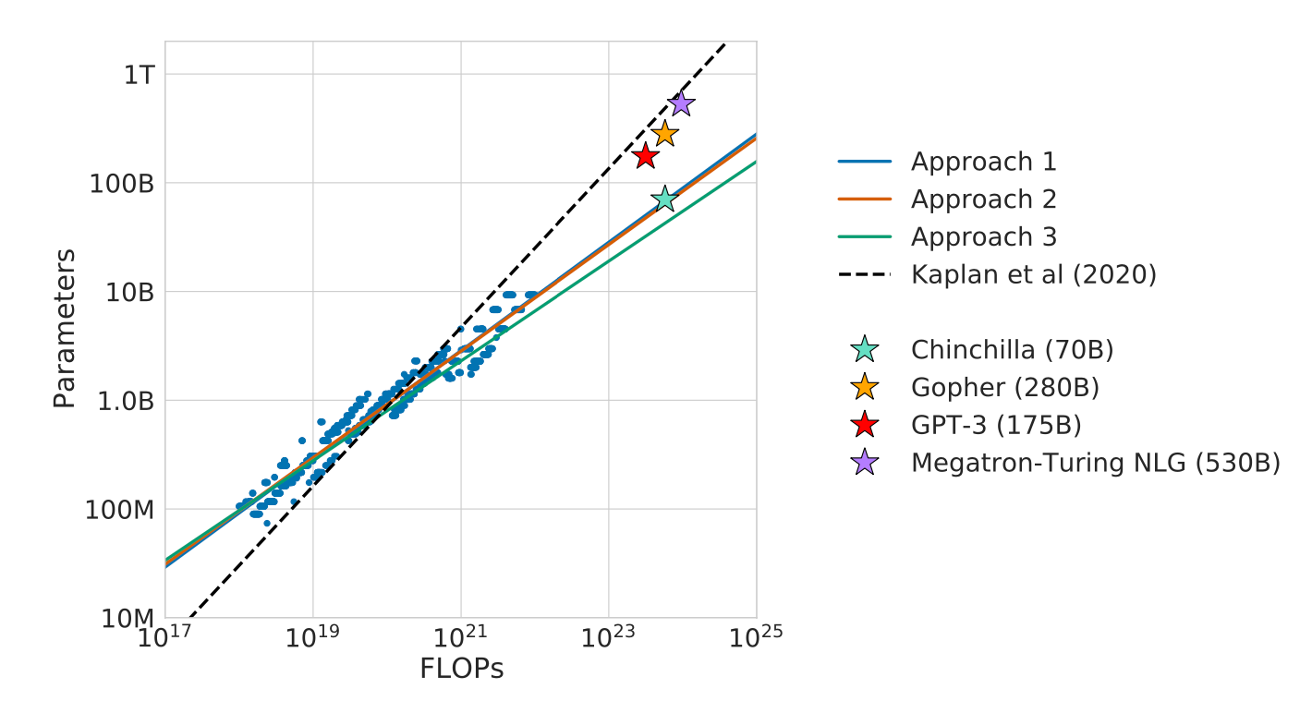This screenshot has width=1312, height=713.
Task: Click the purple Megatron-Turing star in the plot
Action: coord(681,103)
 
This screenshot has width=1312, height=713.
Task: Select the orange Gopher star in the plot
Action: coord(664,134)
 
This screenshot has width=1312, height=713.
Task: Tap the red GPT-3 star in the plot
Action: coord(646,156)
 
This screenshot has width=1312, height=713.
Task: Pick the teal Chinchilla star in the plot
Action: coord(664,199)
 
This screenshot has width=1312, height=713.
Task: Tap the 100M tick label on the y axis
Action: coord(118,510)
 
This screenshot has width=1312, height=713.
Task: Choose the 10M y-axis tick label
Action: coord(125,618)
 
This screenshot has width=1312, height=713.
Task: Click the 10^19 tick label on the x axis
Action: coord(312,637)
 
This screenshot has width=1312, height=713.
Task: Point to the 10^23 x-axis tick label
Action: coord(609,637)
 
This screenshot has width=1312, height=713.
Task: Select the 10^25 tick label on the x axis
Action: coord(756,637)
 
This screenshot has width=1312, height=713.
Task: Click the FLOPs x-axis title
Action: coord(461,669)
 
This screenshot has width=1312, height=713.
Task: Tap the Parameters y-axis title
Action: coord(64,329)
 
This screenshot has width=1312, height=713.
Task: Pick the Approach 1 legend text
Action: coord(984,162)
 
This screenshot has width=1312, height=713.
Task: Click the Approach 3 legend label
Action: coord(984,237)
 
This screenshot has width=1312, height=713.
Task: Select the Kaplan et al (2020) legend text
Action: coord(1033,274)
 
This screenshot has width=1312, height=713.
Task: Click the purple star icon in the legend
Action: coord(864,463)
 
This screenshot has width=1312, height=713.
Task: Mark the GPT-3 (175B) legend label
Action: coord(996,425)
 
